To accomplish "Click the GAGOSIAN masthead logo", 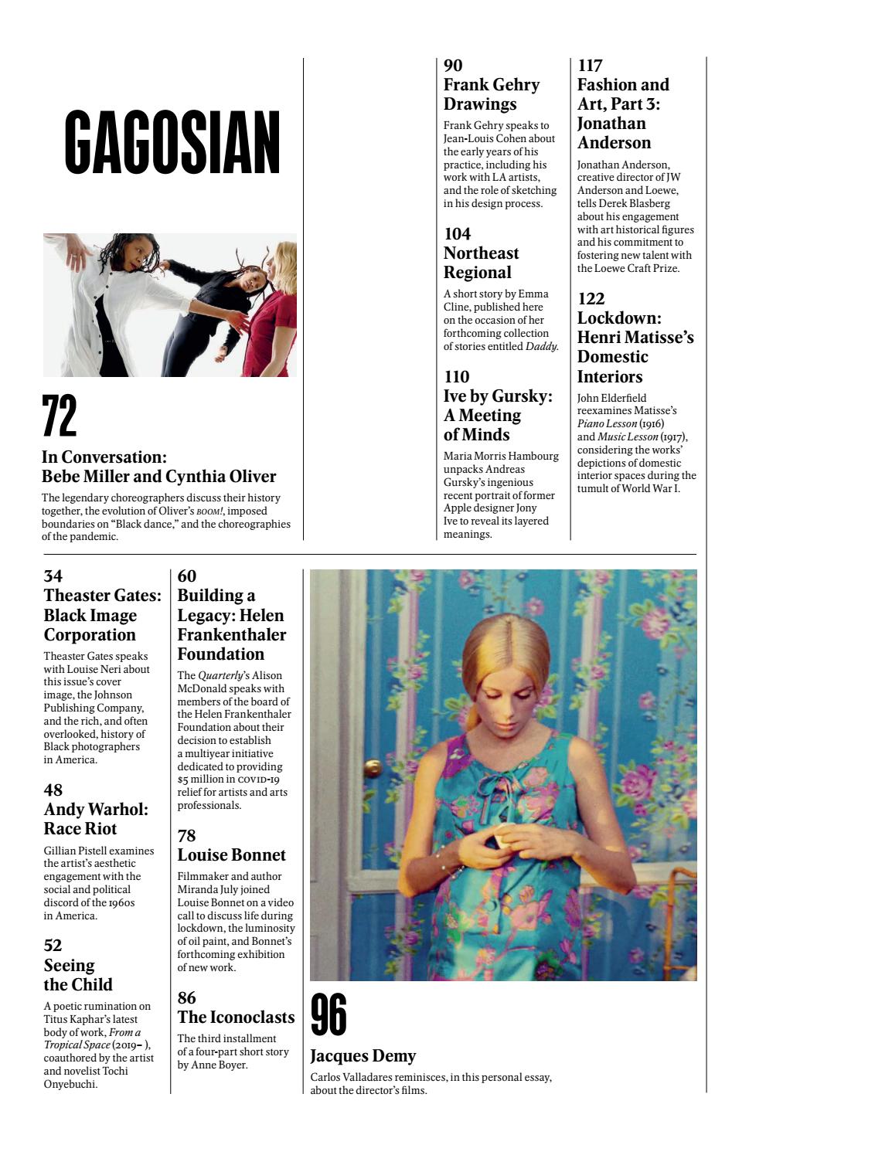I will pyautogui.click(x=172, y=143).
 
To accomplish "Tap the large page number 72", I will pyautogui.click(x=60, y=416).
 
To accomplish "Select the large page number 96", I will pyautogui.click(x=329, y=1015).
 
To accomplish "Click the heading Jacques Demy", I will pyautogui.click(x=363, y=1055).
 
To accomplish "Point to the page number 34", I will pyautogui.click(x=53, y=576).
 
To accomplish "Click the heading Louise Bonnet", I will pyautogui.click(x=231, y=854).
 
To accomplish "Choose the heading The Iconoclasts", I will pyautogui.click(x=236, y=1017).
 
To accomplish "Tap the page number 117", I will pyautogui.click(x=590, y=66).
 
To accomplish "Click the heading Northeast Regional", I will pyautogui.click(x=481, y=263).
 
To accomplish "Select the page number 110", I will pyautogui.click(x=456, y=376).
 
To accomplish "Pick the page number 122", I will pyautogui.click(x=591, y=298).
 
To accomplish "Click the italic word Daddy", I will pyautogui.click(x=541, y=346).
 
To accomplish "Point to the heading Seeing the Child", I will pyautogui.click(x=77, y=975).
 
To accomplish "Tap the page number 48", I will pyautogui.click(x=53, y=790).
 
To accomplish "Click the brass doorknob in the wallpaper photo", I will pyautogui.click(x=373, y=768).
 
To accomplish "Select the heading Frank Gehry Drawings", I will pyautogui.click(x=491, y=94).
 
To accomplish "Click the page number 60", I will pyautogui.click(x=187, y=576).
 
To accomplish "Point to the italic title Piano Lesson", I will pyautogui.click(x=607, y=423).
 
